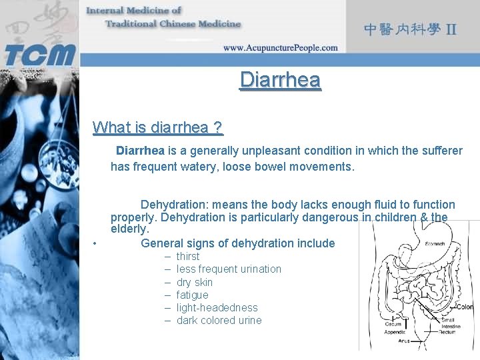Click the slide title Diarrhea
280,80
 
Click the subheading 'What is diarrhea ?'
157,127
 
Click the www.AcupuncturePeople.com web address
280,48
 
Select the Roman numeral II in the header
451,30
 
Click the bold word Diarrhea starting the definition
140,151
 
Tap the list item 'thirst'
188,257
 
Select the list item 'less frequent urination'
229,269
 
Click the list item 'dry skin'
195,283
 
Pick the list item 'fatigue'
192,295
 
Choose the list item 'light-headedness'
217,308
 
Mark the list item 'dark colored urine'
219,321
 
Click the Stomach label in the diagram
435,244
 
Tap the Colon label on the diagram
465,307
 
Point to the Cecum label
393,325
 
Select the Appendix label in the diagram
395,331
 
